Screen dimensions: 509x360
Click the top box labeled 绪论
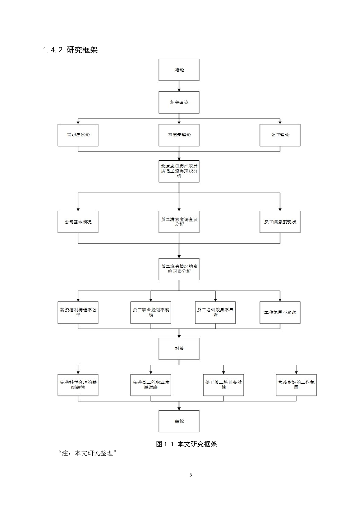[x=179, y=70]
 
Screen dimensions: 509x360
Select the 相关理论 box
[x=179, y=102]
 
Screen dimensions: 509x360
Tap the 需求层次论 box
[x=78, y=135]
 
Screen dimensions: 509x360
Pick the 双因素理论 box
[x=179, y=135]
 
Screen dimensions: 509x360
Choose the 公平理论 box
[x=280, y=135]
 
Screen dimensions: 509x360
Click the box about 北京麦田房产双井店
[x=179, y=171]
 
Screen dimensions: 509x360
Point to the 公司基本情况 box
[x=78, y=222]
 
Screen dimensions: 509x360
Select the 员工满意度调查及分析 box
[x=179, y=222]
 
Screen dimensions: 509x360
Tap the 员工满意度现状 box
[x=280, y=222]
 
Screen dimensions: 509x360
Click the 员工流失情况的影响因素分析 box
[x=179, y=269]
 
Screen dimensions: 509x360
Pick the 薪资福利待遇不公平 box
[x=78, y=313]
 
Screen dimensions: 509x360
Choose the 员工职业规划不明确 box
[x=151, y=313]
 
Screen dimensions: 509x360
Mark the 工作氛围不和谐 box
[x=280, y=313]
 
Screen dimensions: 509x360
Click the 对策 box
[x=179, y=349]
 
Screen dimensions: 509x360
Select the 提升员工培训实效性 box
[x=223, y=385]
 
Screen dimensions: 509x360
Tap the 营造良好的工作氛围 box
[x=296, y=385]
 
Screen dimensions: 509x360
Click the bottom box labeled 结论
[x=179, y=421]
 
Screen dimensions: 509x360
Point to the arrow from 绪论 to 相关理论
[x=179, y=86]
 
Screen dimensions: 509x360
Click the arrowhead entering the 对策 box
[x=179, y=336]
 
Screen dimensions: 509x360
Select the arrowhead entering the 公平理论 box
[x=280, y=122]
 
